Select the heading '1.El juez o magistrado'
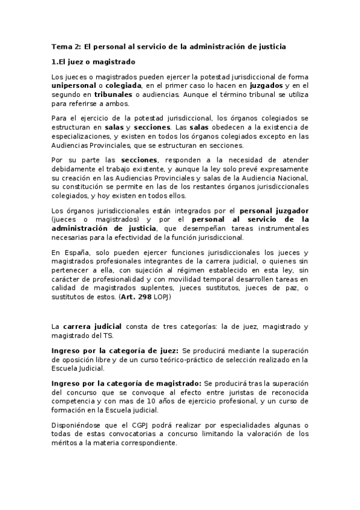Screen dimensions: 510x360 pyautogui.click(x=93, y=62)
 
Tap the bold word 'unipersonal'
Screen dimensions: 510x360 pyautogui.click(x=75, y=86)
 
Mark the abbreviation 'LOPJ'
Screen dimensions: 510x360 pyautogui.click(x=163, y=297)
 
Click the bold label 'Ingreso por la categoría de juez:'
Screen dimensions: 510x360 pyautogui.click(x=115, y=351)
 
